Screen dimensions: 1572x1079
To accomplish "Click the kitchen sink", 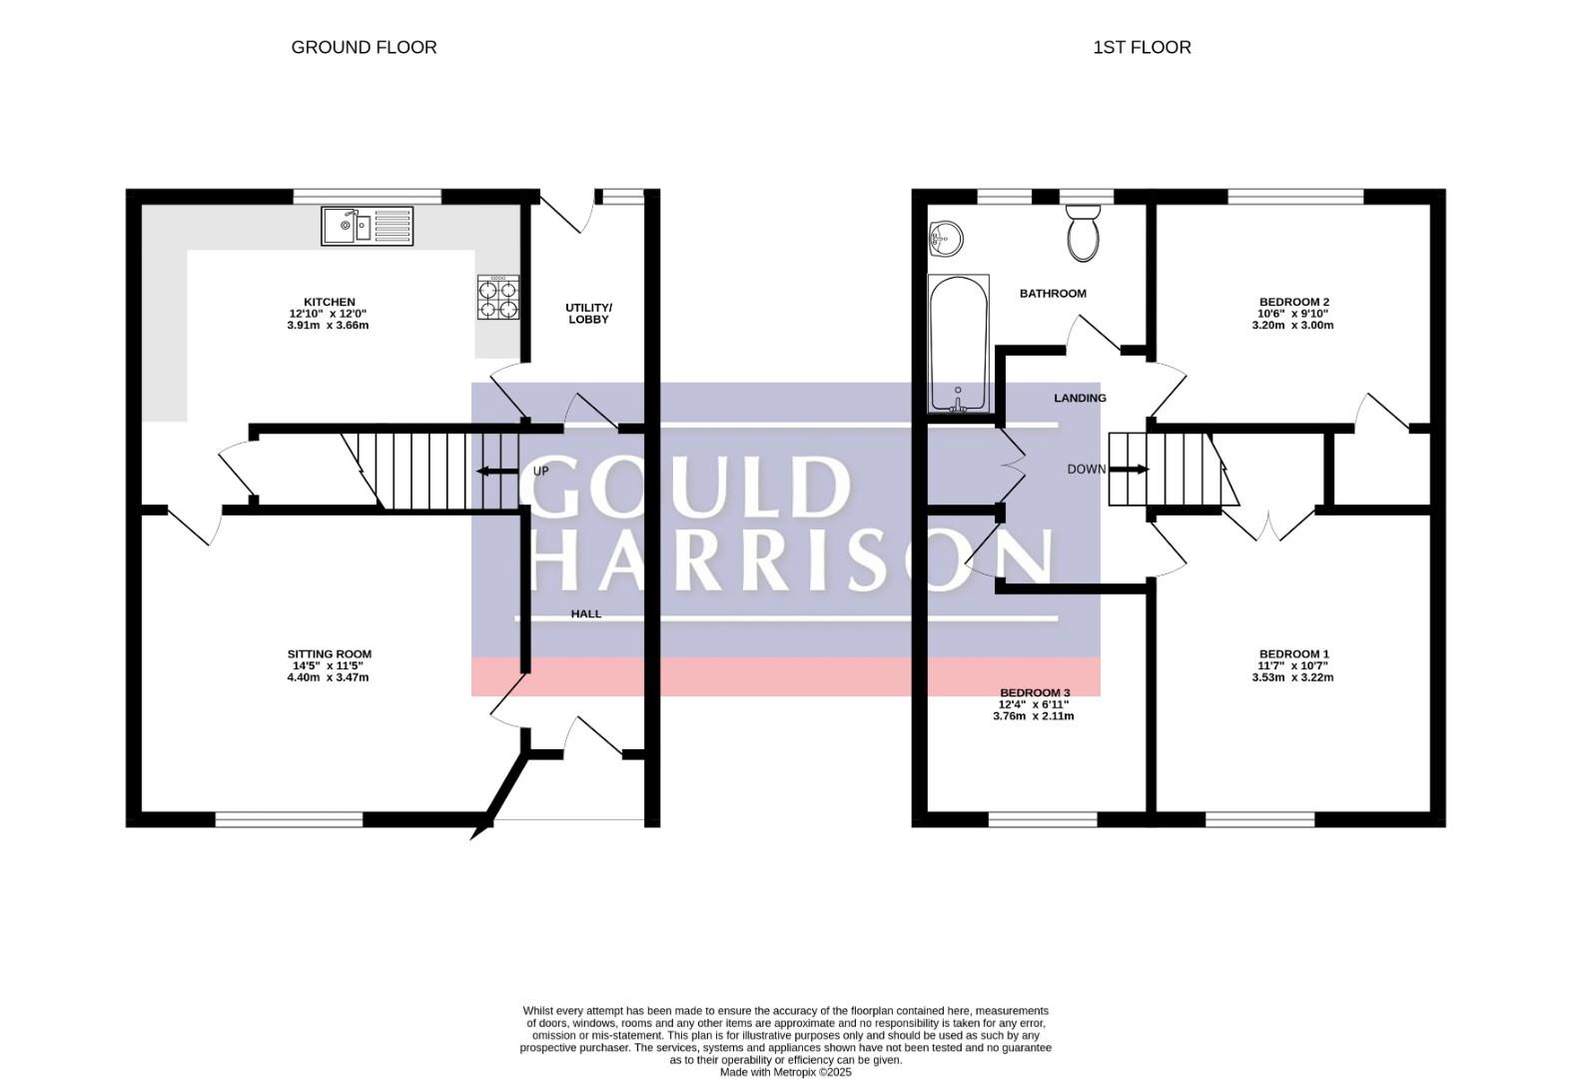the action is (368, 226).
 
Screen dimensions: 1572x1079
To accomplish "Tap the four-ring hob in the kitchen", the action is (498, 297).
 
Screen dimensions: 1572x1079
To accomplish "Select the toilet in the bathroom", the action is (1083, 233).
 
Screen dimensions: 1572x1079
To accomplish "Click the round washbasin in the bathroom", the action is (946, 240).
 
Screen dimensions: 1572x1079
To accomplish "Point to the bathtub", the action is (959, 344).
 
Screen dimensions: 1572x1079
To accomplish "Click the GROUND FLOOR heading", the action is (364, 47).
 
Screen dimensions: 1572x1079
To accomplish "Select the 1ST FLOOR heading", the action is (1142, 47).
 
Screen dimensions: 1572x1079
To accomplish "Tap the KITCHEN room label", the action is (330, 302).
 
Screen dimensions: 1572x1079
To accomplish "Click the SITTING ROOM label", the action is (330, 654).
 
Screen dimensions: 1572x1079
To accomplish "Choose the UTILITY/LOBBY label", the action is (589, 314).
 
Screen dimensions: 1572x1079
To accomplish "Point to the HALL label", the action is (586, 613).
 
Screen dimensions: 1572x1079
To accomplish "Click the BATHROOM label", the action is (1053, 294).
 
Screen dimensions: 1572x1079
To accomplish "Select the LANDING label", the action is (1080, 398).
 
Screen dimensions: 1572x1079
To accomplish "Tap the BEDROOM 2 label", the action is (1294, 302).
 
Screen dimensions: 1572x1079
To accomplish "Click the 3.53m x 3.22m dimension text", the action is (1292, 677).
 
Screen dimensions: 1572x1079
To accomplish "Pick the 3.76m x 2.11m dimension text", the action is (1034, 716).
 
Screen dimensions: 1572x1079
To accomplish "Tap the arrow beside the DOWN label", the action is (1130, 469).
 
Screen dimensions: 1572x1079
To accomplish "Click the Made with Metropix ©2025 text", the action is (785, 1072).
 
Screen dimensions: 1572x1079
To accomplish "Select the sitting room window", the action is (290, 818).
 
